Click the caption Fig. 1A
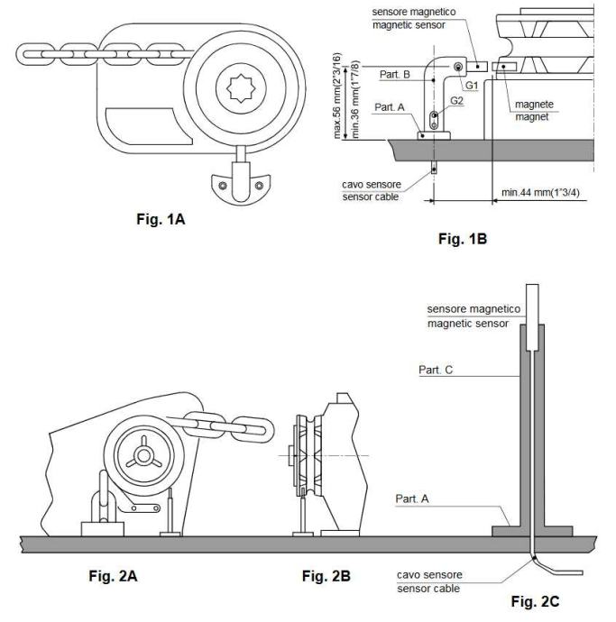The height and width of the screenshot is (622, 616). tap(161, 219)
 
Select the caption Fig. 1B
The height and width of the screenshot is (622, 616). tap(463, 239)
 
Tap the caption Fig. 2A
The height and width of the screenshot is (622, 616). tap(113, 576)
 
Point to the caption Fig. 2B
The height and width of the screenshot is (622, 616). tap(326, 576)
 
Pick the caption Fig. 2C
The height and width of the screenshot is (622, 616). tap(535, 601)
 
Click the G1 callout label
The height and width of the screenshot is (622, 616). tap(472, 86)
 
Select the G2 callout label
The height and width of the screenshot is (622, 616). tap(457, 101)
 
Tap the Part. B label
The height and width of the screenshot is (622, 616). tap(394, 75)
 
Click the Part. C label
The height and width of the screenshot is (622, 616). tap(436, 370)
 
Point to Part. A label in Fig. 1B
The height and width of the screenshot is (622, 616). tap(390, 107)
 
